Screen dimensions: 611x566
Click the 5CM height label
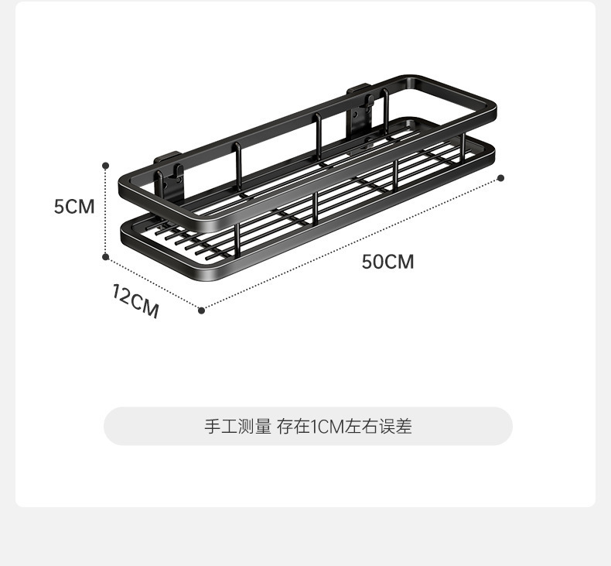pos(74,207)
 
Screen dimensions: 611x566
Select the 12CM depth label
pos(135,301)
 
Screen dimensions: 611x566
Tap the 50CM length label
pos(387,262)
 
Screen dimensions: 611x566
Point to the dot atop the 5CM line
pos(106,165)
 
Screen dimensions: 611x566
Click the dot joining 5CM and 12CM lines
pos(106,256)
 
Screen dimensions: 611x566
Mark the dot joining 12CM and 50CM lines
pos(202,310)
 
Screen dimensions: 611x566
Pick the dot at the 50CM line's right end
pos(500,178)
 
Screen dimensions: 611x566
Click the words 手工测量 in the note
pos(237,426)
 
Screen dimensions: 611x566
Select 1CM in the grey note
pos(327,426)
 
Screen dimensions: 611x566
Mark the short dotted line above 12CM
pos(153,283)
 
